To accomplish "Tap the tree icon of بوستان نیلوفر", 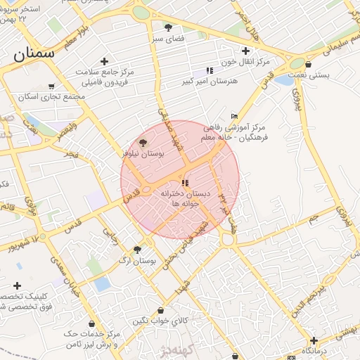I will (144, 142).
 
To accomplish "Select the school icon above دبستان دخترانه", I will (186, 183).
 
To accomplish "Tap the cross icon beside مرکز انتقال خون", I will (245, 51).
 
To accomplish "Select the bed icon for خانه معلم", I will (234, 117).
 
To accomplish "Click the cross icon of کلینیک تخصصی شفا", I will (17, 285).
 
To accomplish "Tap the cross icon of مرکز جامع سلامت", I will (104, 62).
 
